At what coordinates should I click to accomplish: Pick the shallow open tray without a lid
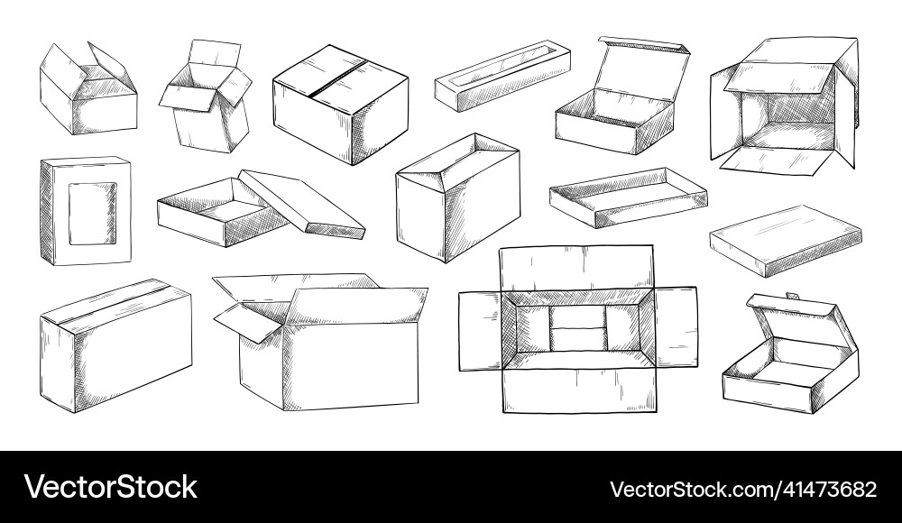[628, 196]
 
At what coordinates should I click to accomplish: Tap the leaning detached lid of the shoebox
[304, 203]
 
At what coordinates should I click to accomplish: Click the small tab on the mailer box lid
[791, 296]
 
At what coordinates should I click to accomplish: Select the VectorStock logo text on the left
[111, 487]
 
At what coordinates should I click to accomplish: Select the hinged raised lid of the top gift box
[643, 67]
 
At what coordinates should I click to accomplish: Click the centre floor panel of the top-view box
[577, 326]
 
